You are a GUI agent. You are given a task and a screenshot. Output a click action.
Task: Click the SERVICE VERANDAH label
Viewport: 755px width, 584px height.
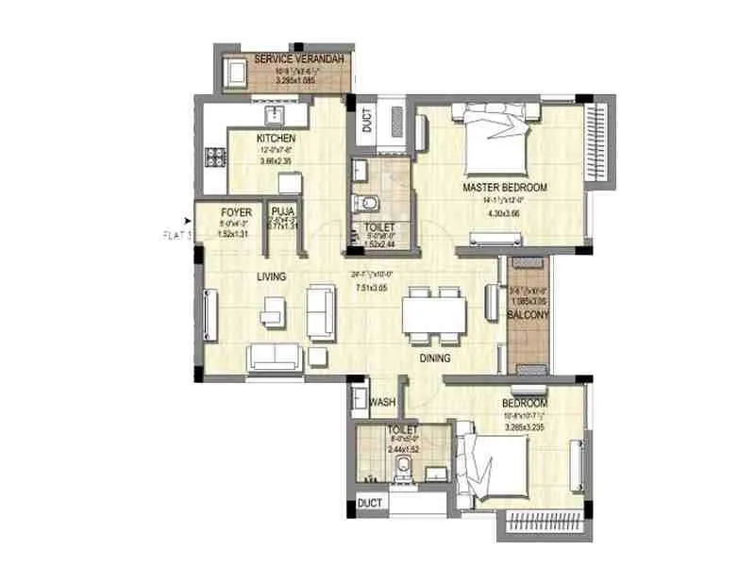[x=294, y=59]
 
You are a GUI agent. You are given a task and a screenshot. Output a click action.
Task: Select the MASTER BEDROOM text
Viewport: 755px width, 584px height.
[x=505, y=188]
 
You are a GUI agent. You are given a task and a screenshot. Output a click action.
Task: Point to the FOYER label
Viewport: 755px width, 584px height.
[x=236, y=212]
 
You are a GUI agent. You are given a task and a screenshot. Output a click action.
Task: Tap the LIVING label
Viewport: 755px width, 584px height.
[x=272, y=277]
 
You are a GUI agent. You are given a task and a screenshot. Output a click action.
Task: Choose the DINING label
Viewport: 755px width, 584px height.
[x=435, y=359]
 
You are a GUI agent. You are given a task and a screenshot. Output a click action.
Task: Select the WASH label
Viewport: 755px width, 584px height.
[x=381, y=402]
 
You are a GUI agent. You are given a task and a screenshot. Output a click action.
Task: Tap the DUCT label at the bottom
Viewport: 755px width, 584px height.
[x=370, y=503]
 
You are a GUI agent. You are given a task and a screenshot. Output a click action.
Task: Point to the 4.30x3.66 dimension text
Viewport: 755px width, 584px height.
[x=504, y=212]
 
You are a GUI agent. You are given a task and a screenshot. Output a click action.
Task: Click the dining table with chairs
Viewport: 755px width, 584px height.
[x=433, y=312]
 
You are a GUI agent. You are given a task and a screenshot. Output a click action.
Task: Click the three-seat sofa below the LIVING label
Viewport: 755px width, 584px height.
[x=275, y=357]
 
